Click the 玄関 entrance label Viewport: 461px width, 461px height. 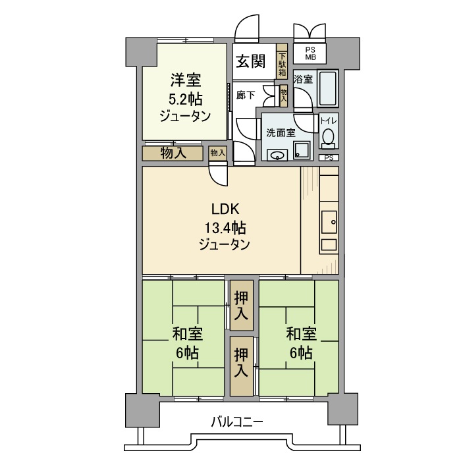(x=251, y=62)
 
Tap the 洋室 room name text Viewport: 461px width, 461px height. (x=186, y=81)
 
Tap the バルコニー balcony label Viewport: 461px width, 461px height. (x=237, y=421)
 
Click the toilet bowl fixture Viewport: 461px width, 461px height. (x=328, y=137)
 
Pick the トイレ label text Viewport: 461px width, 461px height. (x=328, y=121)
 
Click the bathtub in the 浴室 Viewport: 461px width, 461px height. (x=327, y=90)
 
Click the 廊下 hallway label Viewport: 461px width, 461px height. (x=245, y=95)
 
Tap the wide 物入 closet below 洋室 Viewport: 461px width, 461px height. (x=173, y=153)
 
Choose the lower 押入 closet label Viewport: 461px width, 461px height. (x=241, y=364)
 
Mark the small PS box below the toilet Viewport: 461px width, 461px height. (x=328, y=158)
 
